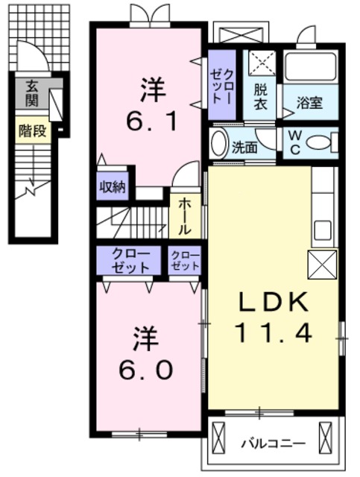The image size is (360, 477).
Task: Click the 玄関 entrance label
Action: (x=31, y=94)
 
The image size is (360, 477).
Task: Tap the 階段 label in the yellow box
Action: (x=33, y=131)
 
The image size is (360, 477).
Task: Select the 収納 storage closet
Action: (x=113, y=186)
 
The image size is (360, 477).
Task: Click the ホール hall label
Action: (x=184, y=216)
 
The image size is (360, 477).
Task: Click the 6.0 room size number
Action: (x=146, y=370)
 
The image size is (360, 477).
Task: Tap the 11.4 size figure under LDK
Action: (x=273, y=332)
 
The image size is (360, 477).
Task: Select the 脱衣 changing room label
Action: (x=260, y=97)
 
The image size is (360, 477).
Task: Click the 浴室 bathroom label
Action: (x=309, y=103)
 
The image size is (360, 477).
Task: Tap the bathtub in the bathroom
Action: (x=311, y=66)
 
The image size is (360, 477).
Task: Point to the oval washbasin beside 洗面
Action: (x=220, y=143)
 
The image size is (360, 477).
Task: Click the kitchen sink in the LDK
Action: (x=322, y=230)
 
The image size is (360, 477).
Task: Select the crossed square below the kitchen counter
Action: (x=322, y=265)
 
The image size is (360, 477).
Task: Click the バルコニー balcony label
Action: (x=273, y=443)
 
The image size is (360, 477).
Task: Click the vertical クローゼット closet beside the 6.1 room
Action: (x=222, y=84)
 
